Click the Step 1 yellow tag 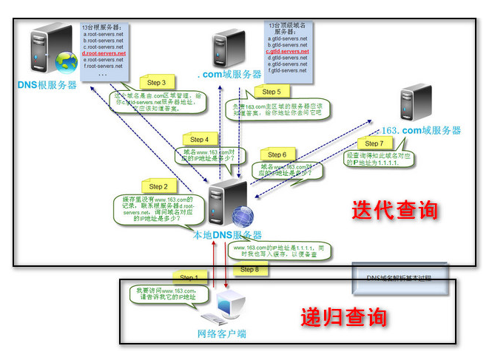(189, 278)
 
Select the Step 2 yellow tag (158, 187)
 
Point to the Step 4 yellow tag (200, 139)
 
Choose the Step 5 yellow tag (272, 92)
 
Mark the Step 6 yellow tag (276, 154)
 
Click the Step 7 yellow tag (374, 143)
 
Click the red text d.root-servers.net (104, 54)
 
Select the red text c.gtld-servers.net (288, 52)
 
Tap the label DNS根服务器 (47, 85)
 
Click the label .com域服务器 (229, 75)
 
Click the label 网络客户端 (221, 333)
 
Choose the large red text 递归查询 (343, 318)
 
